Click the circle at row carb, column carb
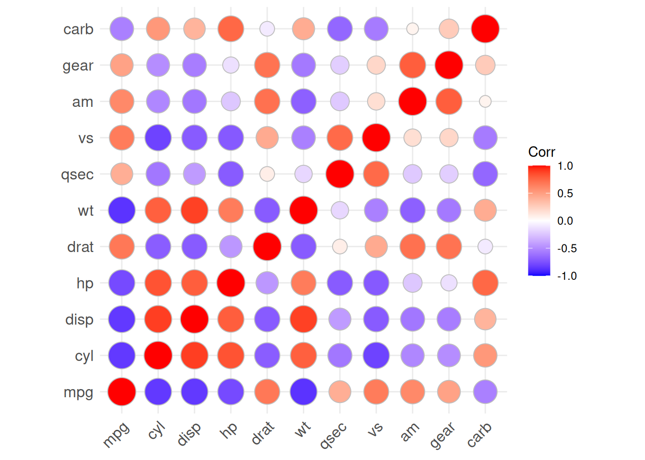[x=485, y=29]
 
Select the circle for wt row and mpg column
[x=122, y=210]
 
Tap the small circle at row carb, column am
[x=412, y=29]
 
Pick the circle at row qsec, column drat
[x=267, y=174]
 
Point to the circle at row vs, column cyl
[x=158, y=138]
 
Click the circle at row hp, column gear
[x=449, y=283]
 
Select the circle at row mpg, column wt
[x=303, y=391]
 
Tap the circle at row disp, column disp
[x=194, y=319]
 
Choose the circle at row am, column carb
[x=485, y=102]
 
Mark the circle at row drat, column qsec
[x=340, y=247]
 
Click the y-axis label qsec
[x=77, y=174]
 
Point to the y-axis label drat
[x=80, y=247]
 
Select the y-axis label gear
[x=78, y=66]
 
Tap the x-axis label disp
[x=189, y=434]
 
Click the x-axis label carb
[x=479, y=435]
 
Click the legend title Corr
[x=541, y=152]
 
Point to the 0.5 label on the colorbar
[x=565, y=194]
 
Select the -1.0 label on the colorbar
[x=567, y=276]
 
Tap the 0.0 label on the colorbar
[x=565, y=221]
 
